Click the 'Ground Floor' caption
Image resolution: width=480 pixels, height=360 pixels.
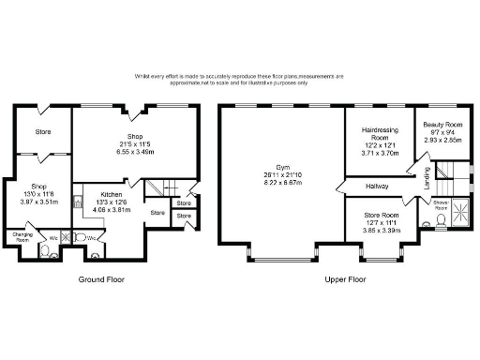pos(102,279)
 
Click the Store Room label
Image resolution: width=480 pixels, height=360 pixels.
pos(377,216)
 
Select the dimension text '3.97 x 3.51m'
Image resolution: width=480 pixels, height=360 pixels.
pos(40,200)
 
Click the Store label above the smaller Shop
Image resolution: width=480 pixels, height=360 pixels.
pos(43,130)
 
